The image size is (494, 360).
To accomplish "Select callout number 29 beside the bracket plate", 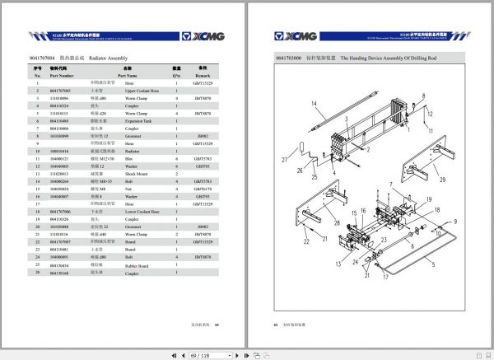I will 442,179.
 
